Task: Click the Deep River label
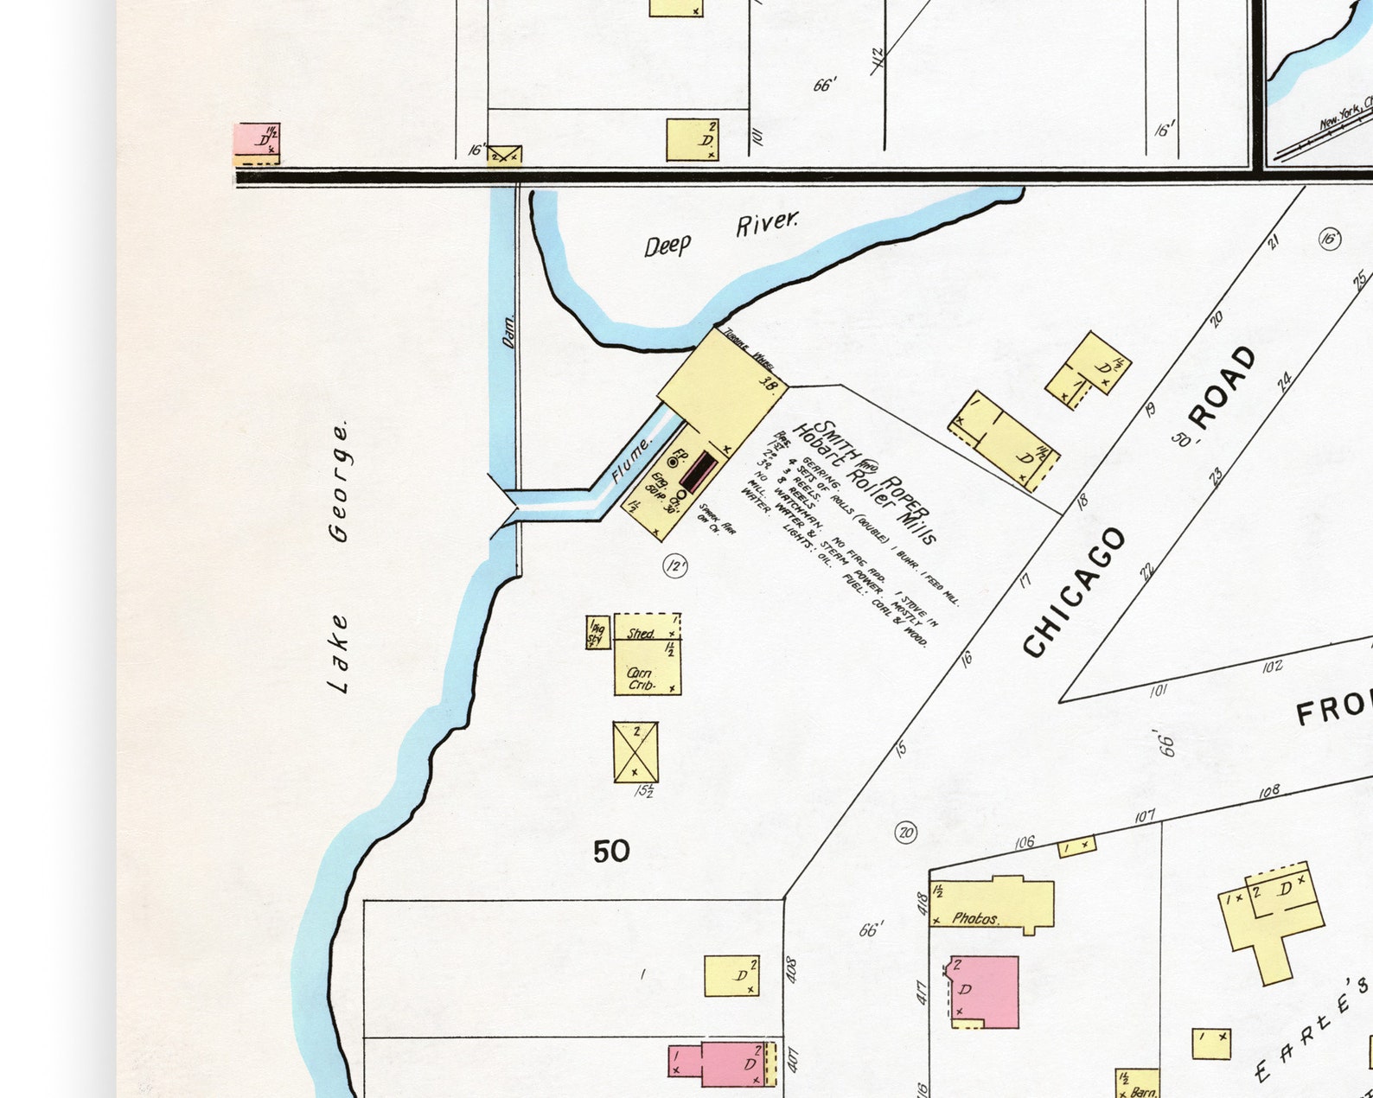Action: [x=721, y=234]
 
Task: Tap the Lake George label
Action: [x=340, y=557]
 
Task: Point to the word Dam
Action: [x=508, y=331]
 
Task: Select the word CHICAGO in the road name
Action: [x=1075, y=592]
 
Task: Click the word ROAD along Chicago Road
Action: [x=1223, y=386]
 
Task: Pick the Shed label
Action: [x=641, y=634]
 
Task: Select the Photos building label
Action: [x=975, y=918]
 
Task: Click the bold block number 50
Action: [x=611, y=852]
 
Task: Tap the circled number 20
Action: [x=905, y=833]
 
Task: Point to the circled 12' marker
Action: [x=674, y=566]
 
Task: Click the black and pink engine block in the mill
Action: [x=699, y=472]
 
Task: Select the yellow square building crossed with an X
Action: [x=635, y=752]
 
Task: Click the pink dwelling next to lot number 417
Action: [x=985, y=992]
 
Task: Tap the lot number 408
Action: [x=791, y=968]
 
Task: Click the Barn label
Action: [x=1143, y=1092]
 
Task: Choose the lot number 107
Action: [x=1145, y=816]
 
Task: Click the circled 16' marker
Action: [x=1330, y=239]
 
